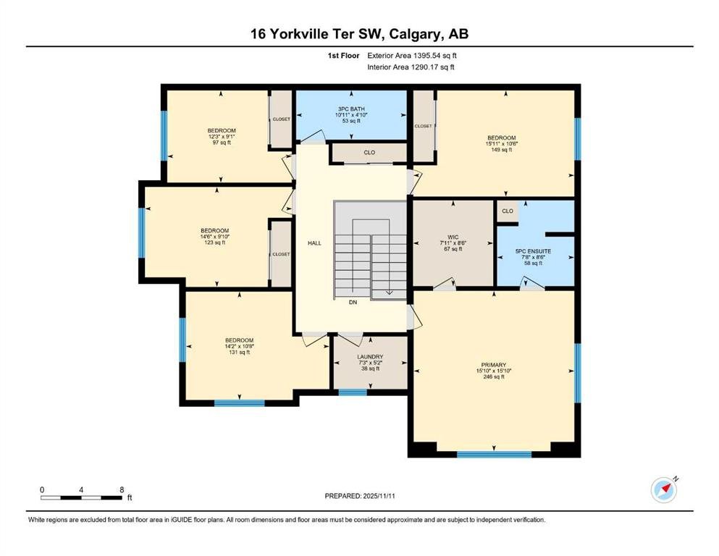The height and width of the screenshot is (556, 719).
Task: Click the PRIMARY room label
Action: click(x=493, y=365)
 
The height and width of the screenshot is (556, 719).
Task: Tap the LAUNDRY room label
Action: click(x=370, y=357)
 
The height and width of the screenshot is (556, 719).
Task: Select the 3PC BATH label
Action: click(x=351, y=109)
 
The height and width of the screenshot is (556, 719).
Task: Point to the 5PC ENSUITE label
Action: click(x=533, y=251)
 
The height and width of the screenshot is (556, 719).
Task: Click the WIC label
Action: click(x=453, y=237)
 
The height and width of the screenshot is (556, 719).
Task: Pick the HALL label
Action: click(x=314, y=243)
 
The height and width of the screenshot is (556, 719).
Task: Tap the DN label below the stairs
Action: click(x=353, y=302)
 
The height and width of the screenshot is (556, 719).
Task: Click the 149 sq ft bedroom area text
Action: click(x=501, y=149)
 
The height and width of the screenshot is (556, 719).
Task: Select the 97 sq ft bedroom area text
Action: click(x=222, y=143)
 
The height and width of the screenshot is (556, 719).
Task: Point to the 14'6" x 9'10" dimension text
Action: click(x=214, y=237)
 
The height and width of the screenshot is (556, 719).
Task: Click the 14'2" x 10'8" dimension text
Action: click(x=239, y=347)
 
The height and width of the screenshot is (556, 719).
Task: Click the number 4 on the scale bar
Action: click(x=81, y=490)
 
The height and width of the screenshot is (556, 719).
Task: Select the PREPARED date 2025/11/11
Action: click(x=379, y=496)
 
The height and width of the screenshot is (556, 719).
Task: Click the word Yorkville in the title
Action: click(x=297, y=34)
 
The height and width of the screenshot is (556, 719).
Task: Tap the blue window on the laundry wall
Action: click(x=353, y=392)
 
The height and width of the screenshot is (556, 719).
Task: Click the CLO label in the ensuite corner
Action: click(x=507, y=211)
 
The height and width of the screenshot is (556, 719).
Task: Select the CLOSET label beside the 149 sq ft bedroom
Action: click(x=424, y=126)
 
